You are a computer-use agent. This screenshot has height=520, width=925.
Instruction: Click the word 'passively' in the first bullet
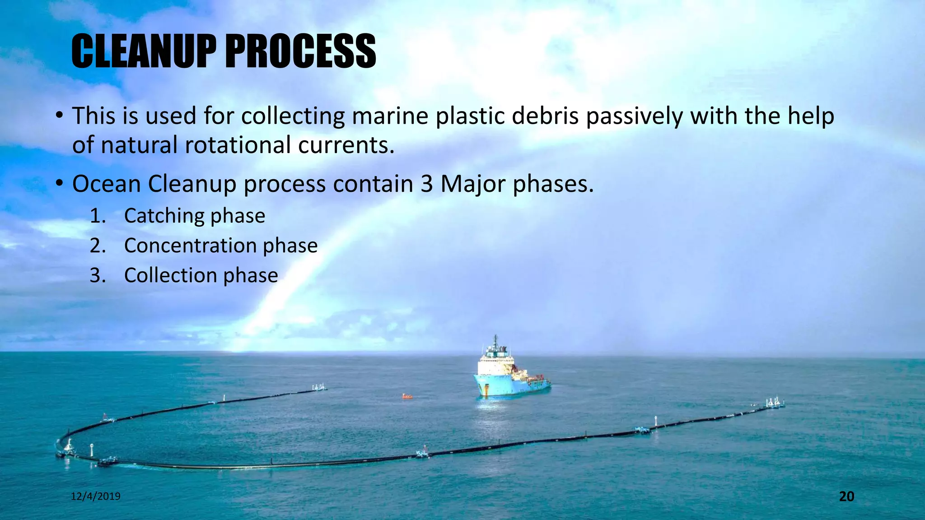634,116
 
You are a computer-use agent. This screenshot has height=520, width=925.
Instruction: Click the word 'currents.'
346,145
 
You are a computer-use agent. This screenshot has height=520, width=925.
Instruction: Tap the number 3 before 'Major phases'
426,184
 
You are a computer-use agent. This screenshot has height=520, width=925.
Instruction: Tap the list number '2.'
98,246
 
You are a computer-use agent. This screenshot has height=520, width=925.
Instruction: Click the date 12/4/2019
96,497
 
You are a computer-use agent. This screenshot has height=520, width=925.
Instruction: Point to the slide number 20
846,497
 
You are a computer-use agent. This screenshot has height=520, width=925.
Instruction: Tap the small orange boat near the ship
407,396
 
